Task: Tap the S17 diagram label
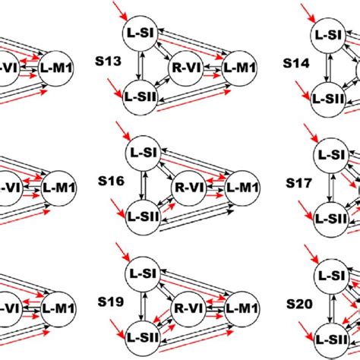tap(297, 183)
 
